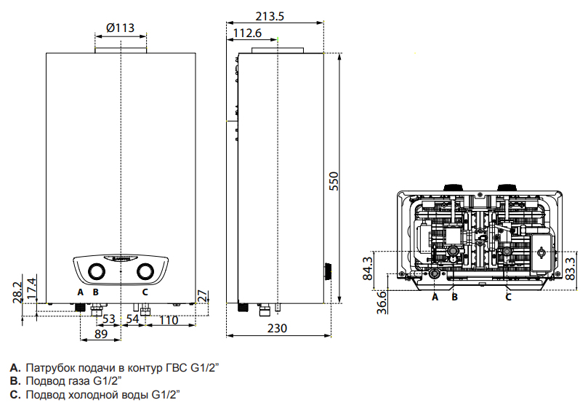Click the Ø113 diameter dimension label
pos(120,28)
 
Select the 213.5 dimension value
pos(270,16)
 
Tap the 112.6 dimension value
pos(248,33)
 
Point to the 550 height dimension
pos(334,181)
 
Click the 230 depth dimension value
pos(277,328)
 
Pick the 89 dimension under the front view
pos(101,334)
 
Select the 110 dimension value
pos(169,320)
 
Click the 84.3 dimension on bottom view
pos(368,268)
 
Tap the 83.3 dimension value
pos(570,268)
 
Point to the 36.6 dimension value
pos(382,303)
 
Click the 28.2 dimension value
pos(17,292)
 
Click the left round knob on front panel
pos(97,272)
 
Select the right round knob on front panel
pos(145,272)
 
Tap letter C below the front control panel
pos(145,292)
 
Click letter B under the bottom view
pos(454,297)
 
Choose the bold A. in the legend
pos(15,367)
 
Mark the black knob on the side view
pos(327,271)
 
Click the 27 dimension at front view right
pos(203,296)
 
